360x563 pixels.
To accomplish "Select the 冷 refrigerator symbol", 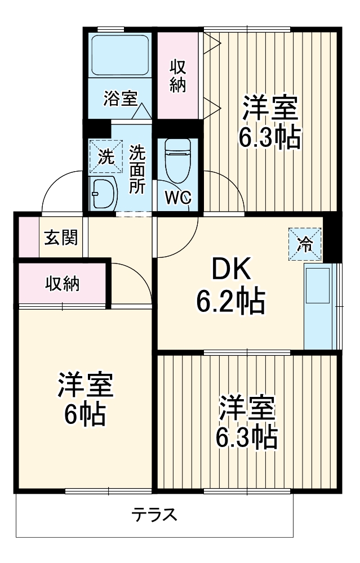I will (305, 244).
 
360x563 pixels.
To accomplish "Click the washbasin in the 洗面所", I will (103, 193).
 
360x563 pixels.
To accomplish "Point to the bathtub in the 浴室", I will (120, 56).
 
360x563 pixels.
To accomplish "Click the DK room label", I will (230, 272).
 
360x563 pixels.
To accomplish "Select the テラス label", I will (155, 514).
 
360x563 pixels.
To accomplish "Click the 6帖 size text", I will (84, 415).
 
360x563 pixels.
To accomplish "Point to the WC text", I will (178, 198).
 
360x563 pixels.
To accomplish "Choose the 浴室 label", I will (120, 98).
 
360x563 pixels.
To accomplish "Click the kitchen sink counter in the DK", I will (318, 307).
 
